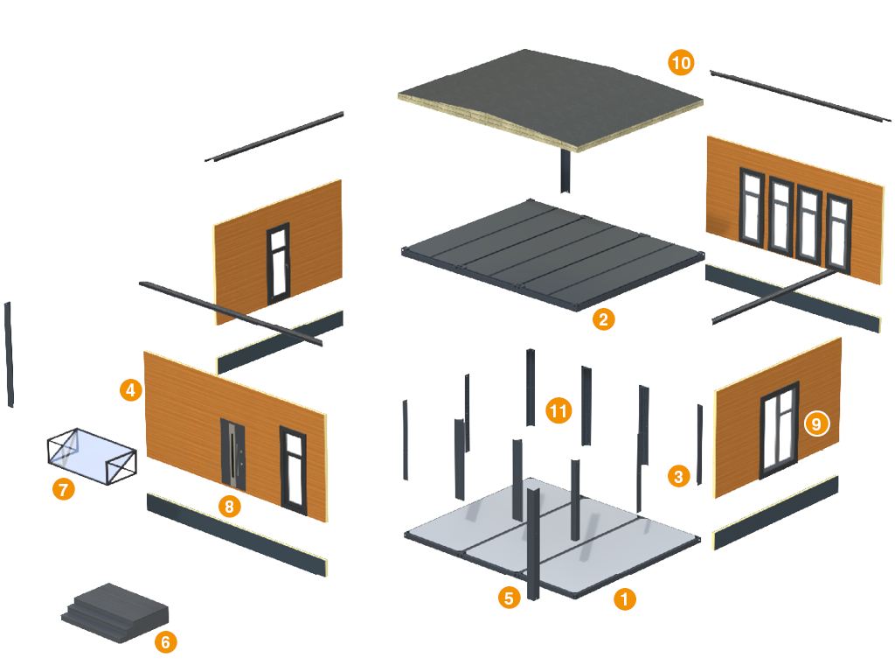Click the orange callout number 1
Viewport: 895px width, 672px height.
pyautogui.click(x=624, y=599)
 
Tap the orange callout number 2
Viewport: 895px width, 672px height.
pyautogui.click(x=602, y=318)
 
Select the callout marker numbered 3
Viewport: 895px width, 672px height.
pyautogui.click(x=679, y=476)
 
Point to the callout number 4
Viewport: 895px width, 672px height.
pyautogui.click(x=130, y=389)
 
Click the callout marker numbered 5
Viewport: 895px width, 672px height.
pyautogui.click(x=509, y=598)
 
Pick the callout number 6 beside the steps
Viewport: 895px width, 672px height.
pyautogui.click(x=165, y=642)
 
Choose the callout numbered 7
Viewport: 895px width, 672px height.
pyautogui.click(x=62, y=489)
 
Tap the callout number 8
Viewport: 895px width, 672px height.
pyautogui.click(x=229, y=506)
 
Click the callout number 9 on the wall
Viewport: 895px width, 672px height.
pyautogui.click(x=815, y=423)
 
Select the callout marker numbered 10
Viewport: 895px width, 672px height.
pyautogui.click(x=681, y=62)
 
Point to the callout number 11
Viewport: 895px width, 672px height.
pyautogui.click(x=559, y=409)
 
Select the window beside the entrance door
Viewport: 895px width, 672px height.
pyautogui.click(x=294, y=468)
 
